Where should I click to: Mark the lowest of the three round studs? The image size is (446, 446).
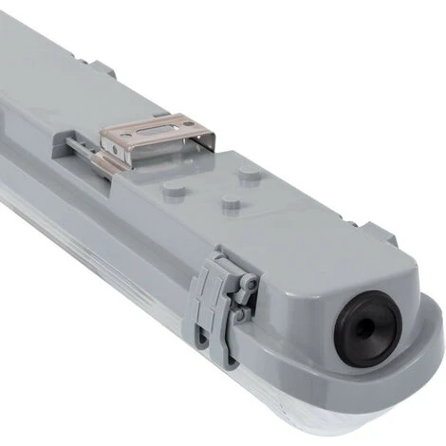point(229,202)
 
